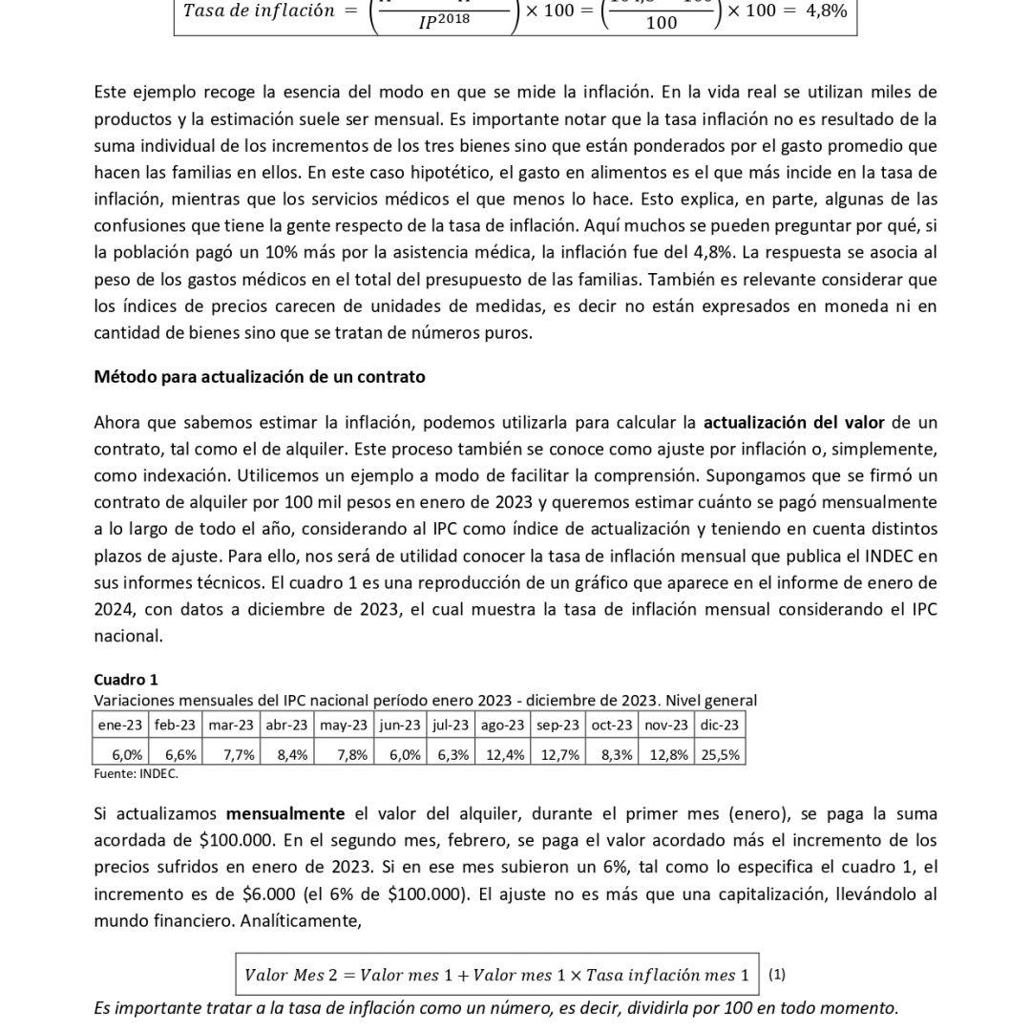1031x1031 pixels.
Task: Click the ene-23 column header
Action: (119, 725)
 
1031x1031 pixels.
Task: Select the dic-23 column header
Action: (720, 725)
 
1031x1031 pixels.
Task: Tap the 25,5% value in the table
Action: (721, 754)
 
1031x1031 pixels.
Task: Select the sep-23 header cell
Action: (558, 725)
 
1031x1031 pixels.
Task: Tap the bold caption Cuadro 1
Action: (126, 680)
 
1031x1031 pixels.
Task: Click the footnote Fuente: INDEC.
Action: (136, 773)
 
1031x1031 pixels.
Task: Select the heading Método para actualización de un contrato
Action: (260, 376)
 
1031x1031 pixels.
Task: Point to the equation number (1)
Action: (777, 975)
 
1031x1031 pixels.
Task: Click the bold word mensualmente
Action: (285, 813)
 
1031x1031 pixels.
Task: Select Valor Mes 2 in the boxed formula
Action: (284, 975)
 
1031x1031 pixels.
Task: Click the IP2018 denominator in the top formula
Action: (445, 21)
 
